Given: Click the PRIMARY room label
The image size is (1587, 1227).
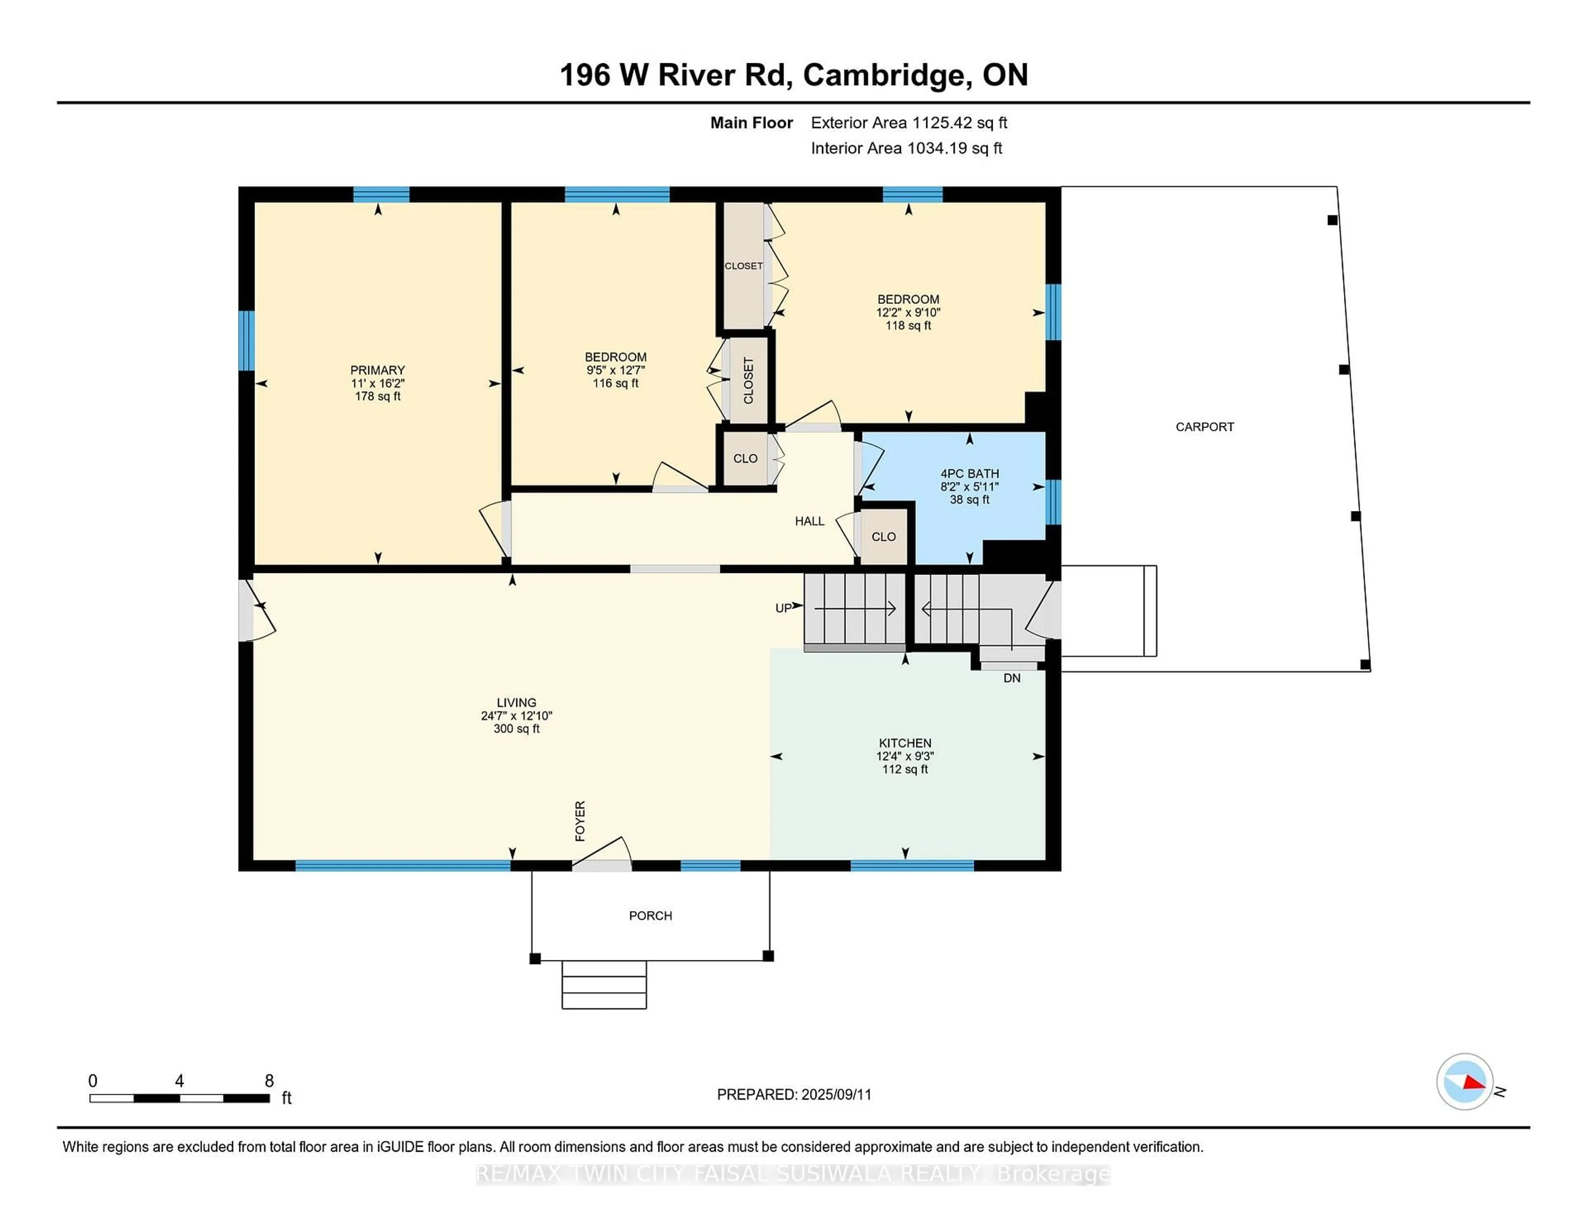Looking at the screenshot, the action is click(x=377, y=370).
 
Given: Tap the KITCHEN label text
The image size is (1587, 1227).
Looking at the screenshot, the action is click(x=905, y=743).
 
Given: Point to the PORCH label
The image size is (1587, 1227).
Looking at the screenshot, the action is click(x=651, y=916).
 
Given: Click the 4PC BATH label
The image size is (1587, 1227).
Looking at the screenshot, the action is click(x=969, y=473).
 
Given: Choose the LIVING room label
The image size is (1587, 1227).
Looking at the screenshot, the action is click(x=516, y=702).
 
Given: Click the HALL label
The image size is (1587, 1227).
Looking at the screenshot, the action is click(x=810, y=521).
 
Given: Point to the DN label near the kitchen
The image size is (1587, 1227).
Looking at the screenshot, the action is click(x=1011, y=678).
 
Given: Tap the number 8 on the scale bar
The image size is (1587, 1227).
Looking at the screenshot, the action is click(x=269, y=1081).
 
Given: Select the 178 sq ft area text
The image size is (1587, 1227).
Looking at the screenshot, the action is click(x=377, y=396).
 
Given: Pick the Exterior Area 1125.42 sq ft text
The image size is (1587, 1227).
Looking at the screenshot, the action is click(x=909, y=123).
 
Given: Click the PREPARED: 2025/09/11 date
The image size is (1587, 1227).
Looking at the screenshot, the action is click(x=794, y=1094).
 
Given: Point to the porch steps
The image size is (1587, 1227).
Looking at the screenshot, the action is click(x=604, y=985).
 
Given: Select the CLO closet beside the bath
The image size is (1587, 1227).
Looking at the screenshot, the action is click(x=884, y=537).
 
